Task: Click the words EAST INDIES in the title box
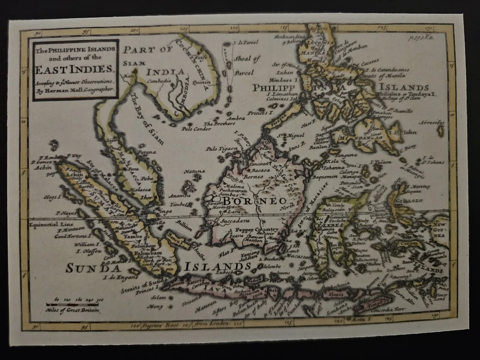(x=72, y=69)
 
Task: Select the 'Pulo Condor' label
(x=196, y=129)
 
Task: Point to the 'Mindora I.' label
(x=282, y=80)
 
